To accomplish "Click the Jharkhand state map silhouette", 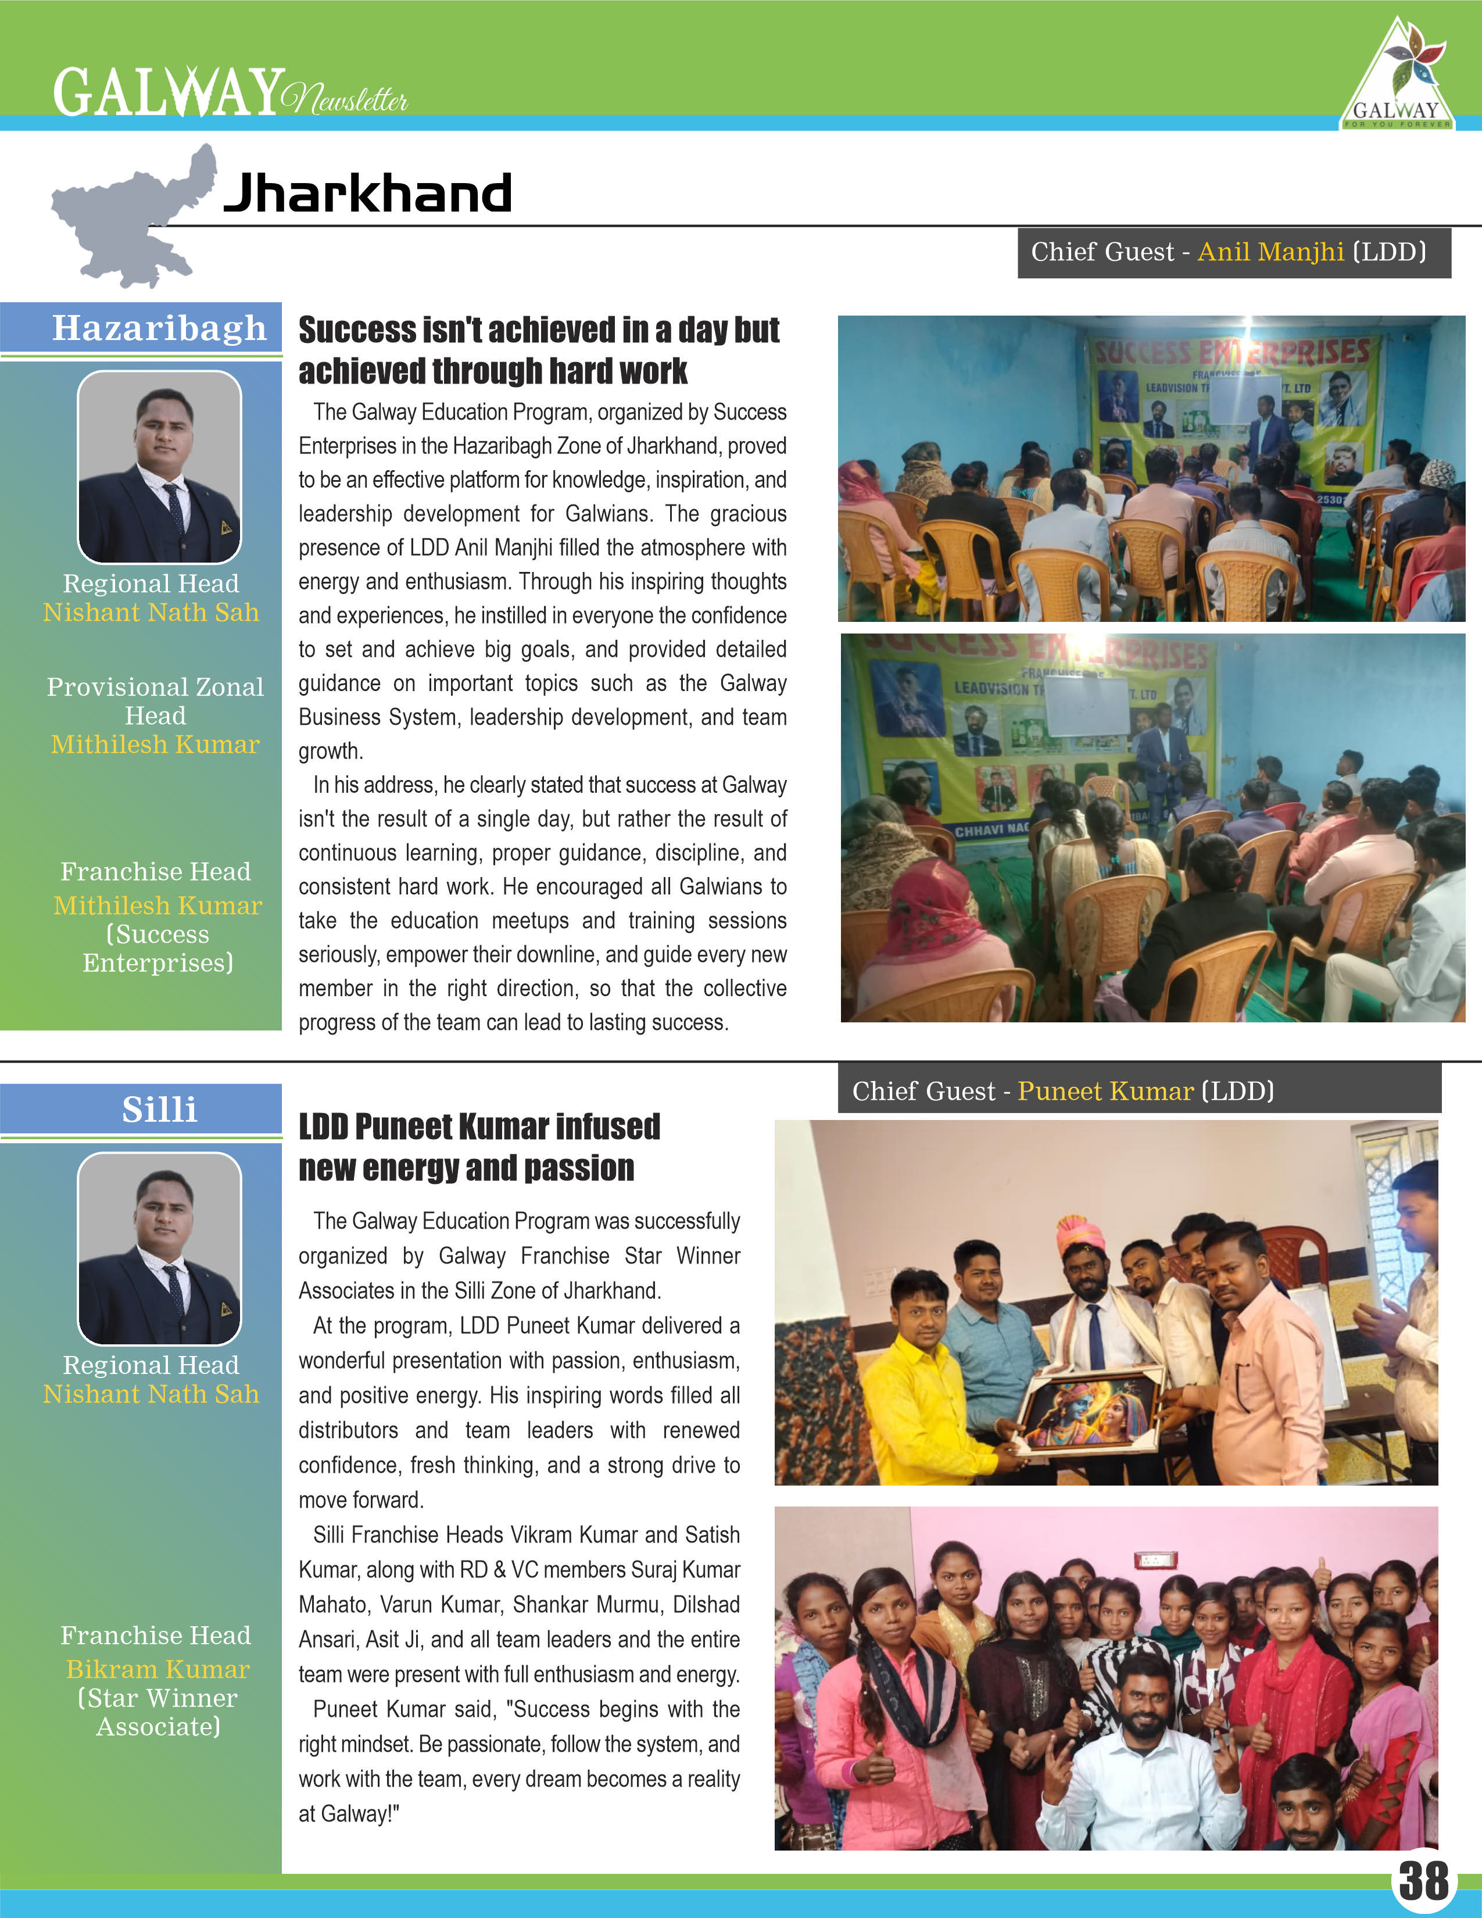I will [x=132, y=220].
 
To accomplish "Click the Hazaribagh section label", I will [x=159, y=328].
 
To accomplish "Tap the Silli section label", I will [x=159, y=1109].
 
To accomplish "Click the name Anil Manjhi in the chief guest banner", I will [x=1270, y=252].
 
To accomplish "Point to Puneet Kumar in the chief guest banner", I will [x=1105, y=1091].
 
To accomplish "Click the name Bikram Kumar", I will [x=158, y=1669].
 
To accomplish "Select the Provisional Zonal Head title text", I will [x=155, y=701].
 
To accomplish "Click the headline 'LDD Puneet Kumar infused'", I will [x=479, y=1127].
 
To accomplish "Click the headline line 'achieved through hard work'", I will [x=492, y=371].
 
